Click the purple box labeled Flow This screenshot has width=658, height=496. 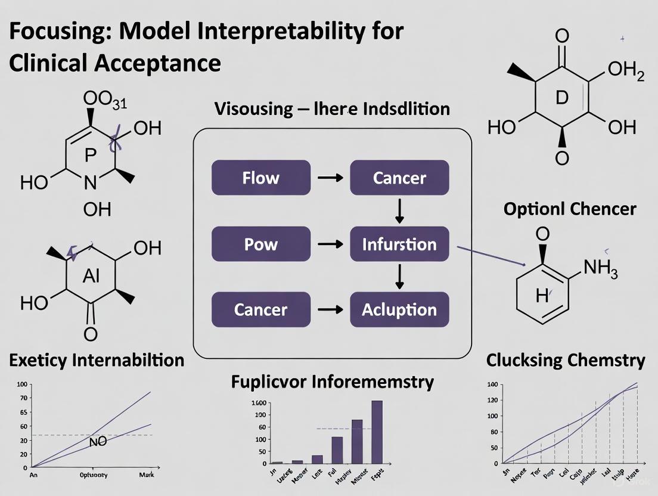[x=260, y=178]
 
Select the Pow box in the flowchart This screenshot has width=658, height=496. [x=260, y=244]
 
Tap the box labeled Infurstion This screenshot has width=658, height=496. [x=399, y=244]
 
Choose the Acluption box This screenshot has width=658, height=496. [x=399, y=310]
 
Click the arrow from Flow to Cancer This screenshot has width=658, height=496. [x=330, y=178]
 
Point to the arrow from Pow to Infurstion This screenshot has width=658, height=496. [x=330, y=244]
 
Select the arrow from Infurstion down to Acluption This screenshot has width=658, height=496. [x=399, y=277]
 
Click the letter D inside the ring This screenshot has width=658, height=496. [x=561, y=98]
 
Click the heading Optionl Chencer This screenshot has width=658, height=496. [x=569, y=209]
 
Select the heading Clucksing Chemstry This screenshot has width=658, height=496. [x=565, y=360]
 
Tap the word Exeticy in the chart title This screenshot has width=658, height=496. [x=40, y=360]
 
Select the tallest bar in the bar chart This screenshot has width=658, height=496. [x=377, y=432]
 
